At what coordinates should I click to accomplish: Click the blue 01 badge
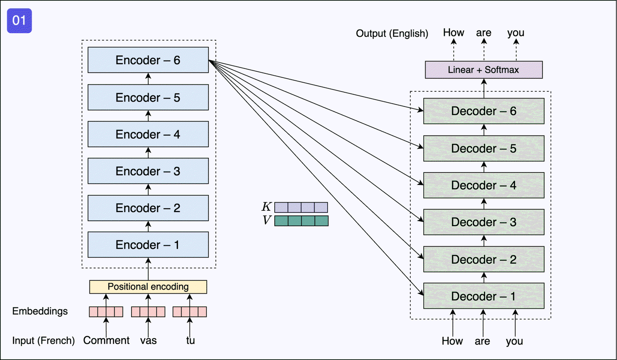coord(19,21)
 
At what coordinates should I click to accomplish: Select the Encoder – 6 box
coord(148,60)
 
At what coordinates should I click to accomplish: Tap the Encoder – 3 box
coord(148,171)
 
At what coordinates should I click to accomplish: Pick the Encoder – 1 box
coord(148,245)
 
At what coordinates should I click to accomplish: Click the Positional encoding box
coord(148,287)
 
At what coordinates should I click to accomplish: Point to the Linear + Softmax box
coord(484,70)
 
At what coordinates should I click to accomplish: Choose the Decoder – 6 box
coord(484,111)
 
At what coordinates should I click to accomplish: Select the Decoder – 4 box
coord(484,185)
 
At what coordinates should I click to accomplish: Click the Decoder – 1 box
coord(484,296)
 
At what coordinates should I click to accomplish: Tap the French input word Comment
coord(106,340)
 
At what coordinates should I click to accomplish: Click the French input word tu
coord(190,340)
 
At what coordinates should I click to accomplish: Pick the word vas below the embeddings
coord(149,341)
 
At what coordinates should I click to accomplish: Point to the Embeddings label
coord(40,311)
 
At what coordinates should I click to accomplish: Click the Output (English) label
coord(392,34)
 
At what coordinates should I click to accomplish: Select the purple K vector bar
coord(301,208)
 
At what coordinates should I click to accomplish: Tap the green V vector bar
coord(301,221)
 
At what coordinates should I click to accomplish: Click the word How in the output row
coord(453,33)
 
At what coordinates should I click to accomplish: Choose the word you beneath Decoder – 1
coord(514,341)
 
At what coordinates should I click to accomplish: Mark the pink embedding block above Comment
coord(106,312)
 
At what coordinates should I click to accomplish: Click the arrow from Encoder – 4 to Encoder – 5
coord(148,116)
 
